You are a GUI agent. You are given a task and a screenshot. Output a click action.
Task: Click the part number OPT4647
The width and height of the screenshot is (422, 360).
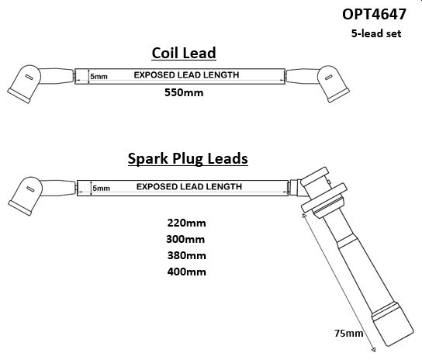(374, 14)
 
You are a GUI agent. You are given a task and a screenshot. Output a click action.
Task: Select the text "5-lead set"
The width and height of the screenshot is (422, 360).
(376, 33)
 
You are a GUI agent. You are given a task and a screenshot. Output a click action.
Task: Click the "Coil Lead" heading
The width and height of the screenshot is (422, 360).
(184, 53)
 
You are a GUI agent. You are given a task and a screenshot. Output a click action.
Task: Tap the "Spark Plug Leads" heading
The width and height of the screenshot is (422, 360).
(188, 158)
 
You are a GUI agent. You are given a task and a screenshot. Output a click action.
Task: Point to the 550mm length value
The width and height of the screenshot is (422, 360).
(184, 92)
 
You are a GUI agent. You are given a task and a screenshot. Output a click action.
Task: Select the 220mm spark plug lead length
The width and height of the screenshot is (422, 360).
(186, 223)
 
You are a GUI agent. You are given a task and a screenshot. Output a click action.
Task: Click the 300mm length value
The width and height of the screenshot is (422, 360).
(185, 239)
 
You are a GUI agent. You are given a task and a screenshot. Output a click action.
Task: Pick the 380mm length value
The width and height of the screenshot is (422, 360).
(186, 255)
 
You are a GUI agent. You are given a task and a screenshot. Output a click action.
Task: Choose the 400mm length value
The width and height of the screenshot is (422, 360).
(186, 272)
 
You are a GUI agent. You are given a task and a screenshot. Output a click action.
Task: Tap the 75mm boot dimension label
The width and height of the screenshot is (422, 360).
(349, 334)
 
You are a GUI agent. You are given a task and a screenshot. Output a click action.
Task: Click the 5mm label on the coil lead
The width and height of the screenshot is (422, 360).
(99, 77)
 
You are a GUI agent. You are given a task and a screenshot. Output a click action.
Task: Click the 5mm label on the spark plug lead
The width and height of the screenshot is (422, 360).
(101, 188)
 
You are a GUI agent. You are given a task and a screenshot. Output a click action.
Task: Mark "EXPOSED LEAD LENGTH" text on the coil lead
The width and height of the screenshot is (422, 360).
(186, 74)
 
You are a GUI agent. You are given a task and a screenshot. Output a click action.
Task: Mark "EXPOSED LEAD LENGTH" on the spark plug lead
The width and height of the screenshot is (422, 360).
(189, 187)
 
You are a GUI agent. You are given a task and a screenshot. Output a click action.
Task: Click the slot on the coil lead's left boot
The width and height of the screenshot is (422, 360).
(29, 78)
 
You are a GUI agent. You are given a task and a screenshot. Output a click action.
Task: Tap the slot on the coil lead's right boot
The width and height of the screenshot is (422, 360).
(328, 78)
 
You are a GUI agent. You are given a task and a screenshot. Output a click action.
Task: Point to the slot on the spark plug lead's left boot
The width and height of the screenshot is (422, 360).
(31, 189)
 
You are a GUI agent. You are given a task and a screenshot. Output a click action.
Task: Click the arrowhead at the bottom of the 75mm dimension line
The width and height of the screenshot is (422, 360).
(373, 349)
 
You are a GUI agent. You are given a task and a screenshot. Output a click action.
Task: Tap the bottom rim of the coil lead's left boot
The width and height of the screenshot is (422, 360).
(19, 96)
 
